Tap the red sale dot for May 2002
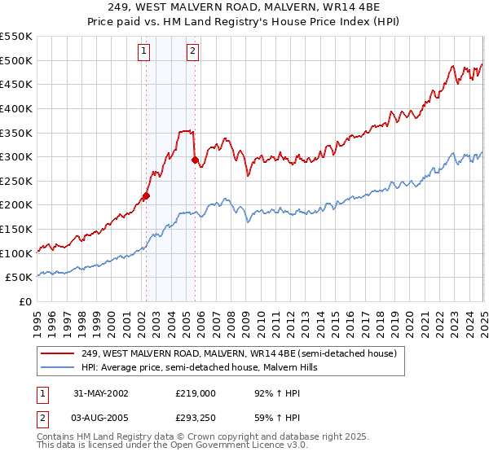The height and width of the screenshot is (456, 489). (x=147, y=195)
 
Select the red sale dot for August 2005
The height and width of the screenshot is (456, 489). (x=195, y=160)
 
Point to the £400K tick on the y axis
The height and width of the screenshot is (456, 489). (x=17, y=108)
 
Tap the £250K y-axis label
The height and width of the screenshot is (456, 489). (x=17, y=181)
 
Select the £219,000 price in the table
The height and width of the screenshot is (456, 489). (x=195, y=392)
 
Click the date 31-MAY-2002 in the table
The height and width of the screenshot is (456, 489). (x=101, y=392)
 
